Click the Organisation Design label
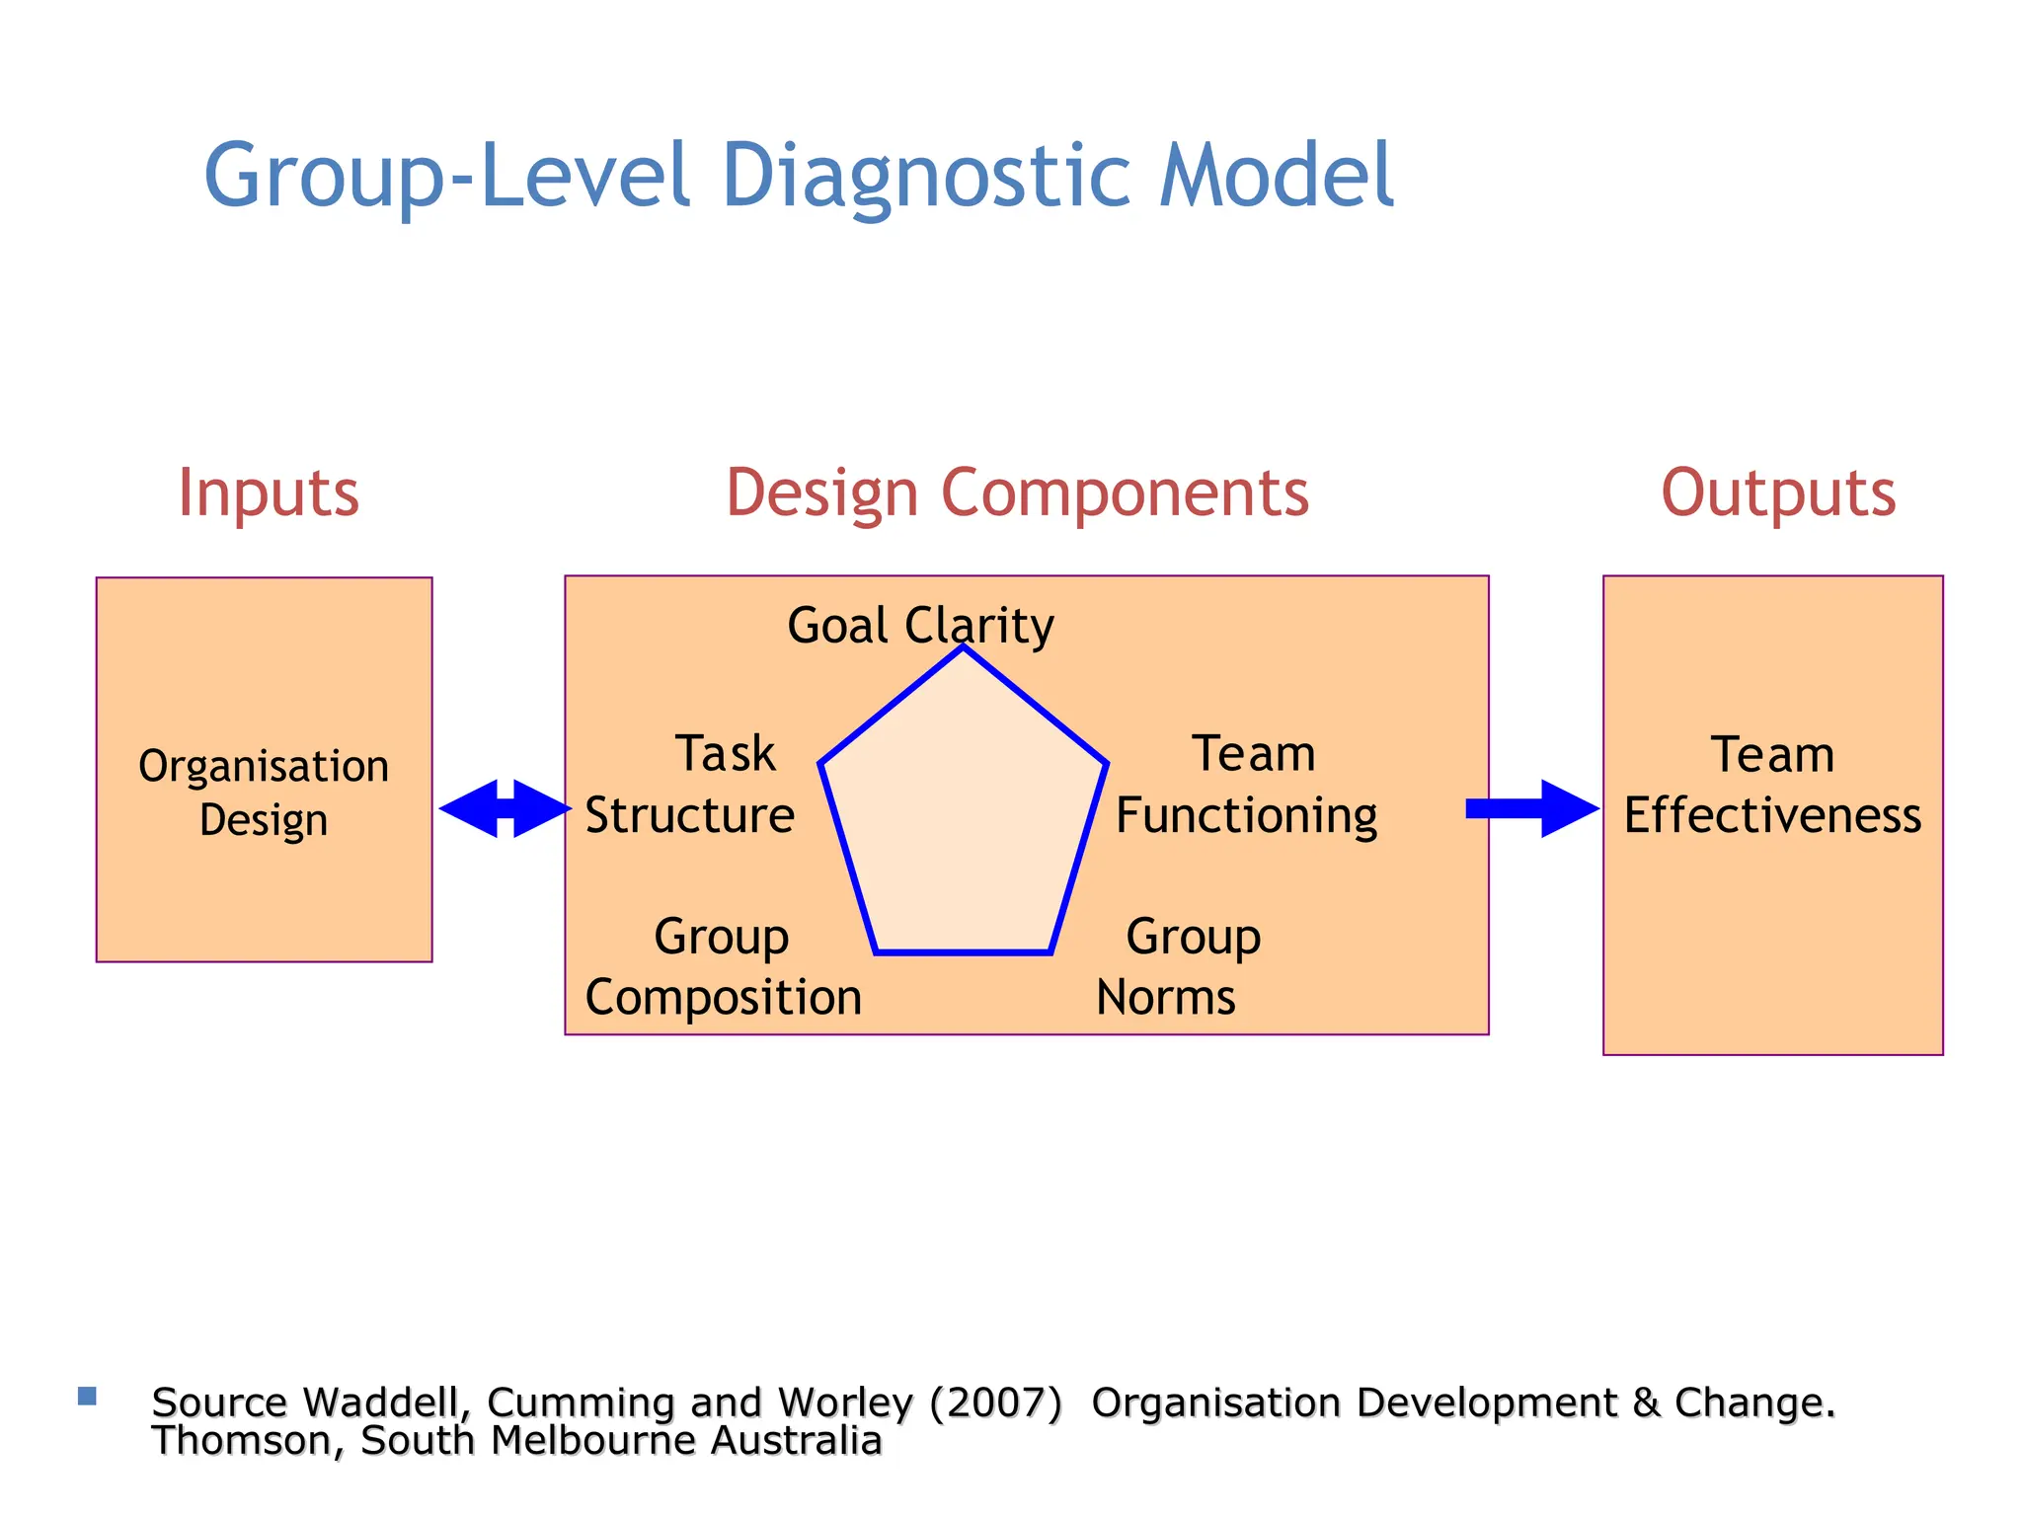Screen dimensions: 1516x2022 (264, 793)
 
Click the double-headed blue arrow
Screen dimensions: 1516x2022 (505, 808)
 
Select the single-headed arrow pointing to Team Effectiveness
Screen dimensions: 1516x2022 (1532, 808)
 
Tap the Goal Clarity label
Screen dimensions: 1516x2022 (920, 626)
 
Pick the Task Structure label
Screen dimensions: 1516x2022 (691, 785)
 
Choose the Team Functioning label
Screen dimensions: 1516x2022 (1247, 785)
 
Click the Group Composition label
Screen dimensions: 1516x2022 (723, 966)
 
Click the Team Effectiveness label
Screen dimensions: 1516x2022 (1772, 785)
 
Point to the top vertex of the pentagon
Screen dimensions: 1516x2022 (964, 647)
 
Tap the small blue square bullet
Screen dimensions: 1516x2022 (87, 1396)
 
